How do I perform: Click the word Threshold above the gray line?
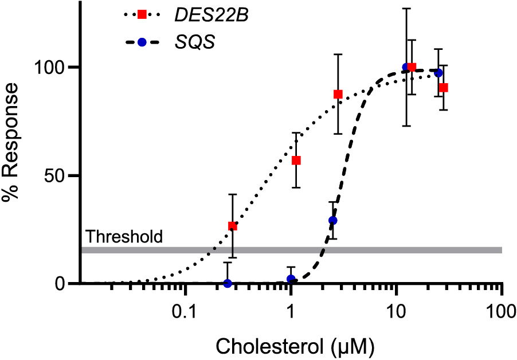tap(124, 236)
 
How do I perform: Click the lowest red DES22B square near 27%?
tap(232, 226)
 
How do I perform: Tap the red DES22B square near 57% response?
tap(296, 161)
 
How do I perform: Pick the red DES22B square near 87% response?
tap(338, 94)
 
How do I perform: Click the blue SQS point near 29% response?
tap(332, 220)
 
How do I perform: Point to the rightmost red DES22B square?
tap(444, 88)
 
